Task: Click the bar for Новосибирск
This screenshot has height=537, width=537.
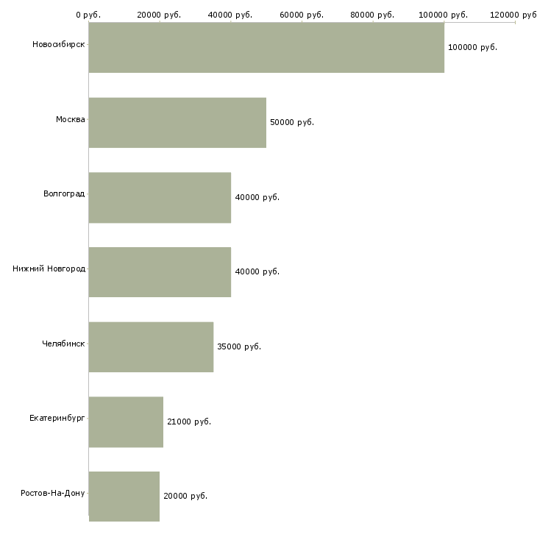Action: pyautogui.click(x=266, y=47)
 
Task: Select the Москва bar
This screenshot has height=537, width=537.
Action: pyautogui.click(x=177, y=123)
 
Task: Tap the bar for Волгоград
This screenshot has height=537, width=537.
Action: pyautogui.click(x=160, y=198)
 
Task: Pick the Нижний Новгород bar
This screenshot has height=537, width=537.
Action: pyautogui.click(x=160, y=272)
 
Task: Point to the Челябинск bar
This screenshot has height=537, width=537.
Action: pyautogui.click(x=151, y=347)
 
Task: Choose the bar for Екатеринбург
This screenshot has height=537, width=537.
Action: pyautogui.click(x=126, y=422)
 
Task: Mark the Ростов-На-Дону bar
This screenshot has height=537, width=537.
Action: pyautogui.click(x=124, y=497)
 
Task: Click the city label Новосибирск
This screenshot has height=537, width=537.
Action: pyautogui.click(x=59, y=44)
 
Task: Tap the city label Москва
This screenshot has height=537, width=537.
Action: pyautogui.click(x=70, y=119)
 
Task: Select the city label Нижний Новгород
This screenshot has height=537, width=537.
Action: pyautogui.click(x=49, y=268)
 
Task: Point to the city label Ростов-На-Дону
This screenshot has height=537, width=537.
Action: pyautogui.click(x=53, y=493)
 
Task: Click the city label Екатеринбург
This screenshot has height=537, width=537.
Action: pyautogui.click(x=57, y=418)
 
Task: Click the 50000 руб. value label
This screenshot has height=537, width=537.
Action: pyautogui.click(x=292, y=122)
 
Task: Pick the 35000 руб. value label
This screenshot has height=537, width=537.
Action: pyautogui.click(x=239, y=346)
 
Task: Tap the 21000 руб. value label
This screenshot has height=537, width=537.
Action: pyautogui.click(x=189, y=422)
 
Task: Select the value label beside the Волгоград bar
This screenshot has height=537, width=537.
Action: pyautogui.click(x=257, y=197)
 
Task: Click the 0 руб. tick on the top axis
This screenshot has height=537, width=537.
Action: pyautogui.click(x=88, y=15)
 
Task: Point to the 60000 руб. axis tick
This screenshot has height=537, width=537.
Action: pyautogui.click(x=302, y=15)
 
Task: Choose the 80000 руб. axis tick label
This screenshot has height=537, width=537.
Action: pyautogui.click(x=372, y=15)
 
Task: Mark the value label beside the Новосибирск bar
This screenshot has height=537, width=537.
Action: pyautogui.click(x=472, y=47)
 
